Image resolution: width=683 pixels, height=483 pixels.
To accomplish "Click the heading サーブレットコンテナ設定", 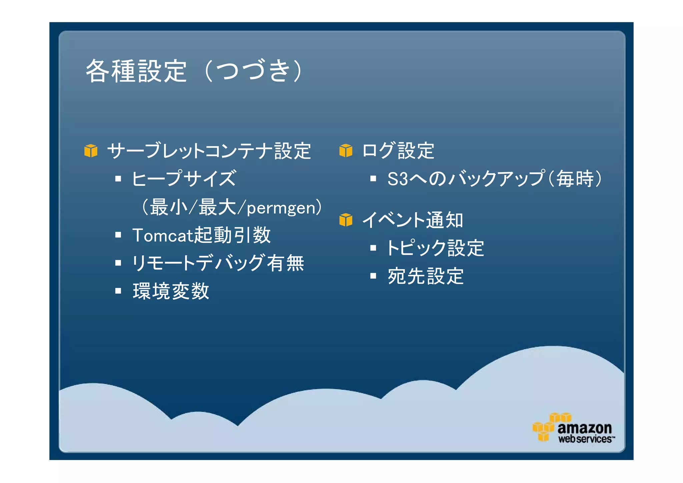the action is point(209,151).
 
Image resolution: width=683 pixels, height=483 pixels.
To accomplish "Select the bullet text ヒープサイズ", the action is point(184,178).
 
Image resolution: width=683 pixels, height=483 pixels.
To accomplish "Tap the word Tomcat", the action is point(163,235).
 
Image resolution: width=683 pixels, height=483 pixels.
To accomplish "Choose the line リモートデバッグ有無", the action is point(218,263).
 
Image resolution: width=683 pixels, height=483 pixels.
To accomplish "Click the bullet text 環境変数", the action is point(171,291).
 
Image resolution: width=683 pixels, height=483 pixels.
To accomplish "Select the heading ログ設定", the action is point(398,151).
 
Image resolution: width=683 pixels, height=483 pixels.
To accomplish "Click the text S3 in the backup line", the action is point(398,179).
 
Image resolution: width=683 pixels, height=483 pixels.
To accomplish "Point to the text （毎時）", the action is point(575,179).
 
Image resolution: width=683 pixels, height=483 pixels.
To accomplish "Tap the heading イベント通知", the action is point(413,220).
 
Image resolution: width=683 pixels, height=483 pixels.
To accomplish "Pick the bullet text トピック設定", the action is point(436,248).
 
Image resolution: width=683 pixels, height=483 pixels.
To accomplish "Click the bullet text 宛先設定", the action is point(426,276).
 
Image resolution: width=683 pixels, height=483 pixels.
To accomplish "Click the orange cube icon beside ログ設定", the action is point(346,151).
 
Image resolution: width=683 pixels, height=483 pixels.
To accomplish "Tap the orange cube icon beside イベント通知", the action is point(346,220).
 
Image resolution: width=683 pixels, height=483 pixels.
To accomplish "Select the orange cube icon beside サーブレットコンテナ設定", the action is point(91,151).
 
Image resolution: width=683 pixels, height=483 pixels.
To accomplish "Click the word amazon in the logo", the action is point(585,428).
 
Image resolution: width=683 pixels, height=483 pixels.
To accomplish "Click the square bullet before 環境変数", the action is point(118,291).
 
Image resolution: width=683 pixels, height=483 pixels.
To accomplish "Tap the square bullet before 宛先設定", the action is point(373,276).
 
